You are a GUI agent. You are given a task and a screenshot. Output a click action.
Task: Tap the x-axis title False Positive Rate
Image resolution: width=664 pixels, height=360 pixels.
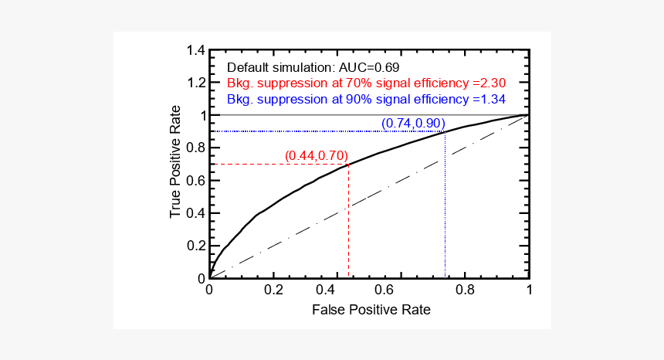point(371,310)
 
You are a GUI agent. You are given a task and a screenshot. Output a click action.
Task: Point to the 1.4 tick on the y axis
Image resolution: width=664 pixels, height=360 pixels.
point(195,50)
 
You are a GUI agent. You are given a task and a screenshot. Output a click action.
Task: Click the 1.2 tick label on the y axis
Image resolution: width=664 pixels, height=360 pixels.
point(195,83)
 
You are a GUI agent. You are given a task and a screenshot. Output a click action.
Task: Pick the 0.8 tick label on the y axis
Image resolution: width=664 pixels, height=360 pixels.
point(195,148)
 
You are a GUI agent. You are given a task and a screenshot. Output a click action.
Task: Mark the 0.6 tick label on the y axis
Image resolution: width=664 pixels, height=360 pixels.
point(195,180)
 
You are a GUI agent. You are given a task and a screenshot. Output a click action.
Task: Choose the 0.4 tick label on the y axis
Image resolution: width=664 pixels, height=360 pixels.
point(195,213)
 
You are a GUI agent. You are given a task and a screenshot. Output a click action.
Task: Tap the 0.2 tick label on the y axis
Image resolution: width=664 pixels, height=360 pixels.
point(195,246)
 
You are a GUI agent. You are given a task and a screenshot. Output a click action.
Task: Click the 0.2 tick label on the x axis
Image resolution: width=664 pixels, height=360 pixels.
point(273,291)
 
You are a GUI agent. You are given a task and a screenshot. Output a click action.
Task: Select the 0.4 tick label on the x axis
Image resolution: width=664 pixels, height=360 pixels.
point(337,291)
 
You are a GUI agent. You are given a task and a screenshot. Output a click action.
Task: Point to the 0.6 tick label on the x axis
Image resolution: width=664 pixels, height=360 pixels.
point(401,291)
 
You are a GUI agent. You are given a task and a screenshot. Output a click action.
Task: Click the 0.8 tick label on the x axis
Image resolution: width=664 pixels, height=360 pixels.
point(465,291)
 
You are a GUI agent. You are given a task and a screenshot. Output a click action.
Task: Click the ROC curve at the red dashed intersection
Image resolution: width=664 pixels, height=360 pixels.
point(349,164)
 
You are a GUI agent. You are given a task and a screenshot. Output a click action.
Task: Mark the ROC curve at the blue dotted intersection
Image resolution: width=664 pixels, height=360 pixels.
point(445,131)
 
